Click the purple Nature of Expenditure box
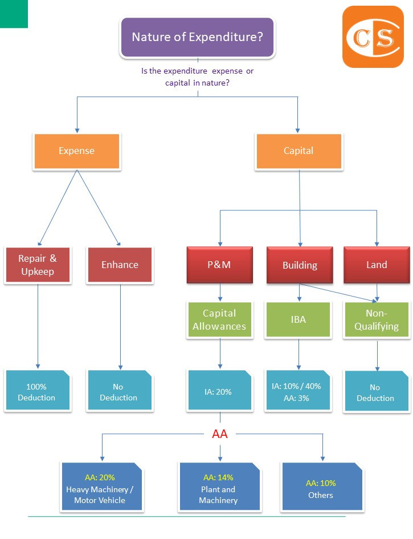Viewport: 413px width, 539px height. pyautogui.click(x=197, y=38)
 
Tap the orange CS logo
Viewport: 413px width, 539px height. pyautogui.click(x=373, y=38)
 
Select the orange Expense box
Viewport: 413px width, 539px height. pyautogui.click(x=77, y=151)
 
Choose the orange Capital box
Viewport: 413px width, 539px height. pyautogui.click(x=298, y=151)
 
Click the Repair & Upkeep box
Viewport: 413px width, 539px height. pyautogui.click(x=38, y=265)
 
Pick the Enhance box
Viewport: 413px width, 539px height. pyautogui.click(x=120, y=265)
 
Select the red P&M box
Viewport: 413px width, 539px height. pyautogui.click(x=219, y=265)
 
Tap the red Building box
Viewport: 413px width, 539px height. pyautogui.click(x=300, y=265)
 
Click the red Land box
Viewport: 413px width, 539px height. pyautogui.click(x=377, y=265)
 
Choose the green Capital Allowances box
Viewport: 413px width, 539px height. pyautogui.click(x=219, y=320)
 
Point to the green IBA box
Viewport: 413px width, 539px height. pyautogui.click(x=298, y=320)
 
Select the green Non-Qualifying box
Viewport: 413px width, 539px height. pyautogui.click(x=377, y=320)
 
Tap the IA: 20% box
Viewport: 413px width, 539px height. pyautogui.click(x=219, y=391)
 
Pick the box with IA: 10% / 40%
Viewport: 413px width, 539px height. pyautogui.click(x=297, y=391)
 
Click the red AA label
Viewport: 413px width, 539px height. pyautogui.click(x=220, y=434)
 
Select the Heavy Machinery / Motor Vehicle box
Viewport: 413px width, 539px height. pyautogui.click(x=100, y=489)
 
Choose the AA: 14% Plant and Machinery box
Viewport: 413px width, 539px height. pyautogui.click(x=219, y=489)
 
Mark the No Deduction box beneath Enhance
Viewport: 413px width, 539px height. pyautogui.click(x=119, y=391)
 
